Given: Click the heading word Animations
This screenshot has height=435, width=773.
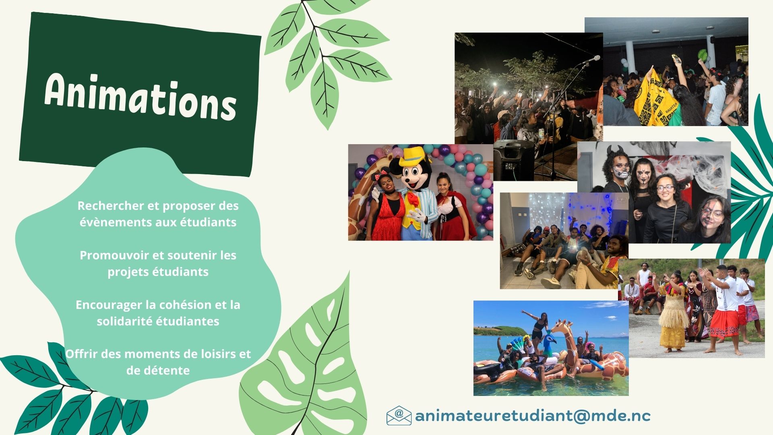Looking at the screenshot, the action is [140, 97].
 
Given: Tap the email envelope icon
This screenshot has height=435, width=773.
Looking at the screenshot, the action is [399, 416].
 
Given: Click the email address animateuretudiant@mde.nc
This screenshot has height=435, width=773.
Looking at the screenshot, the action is [533, 416].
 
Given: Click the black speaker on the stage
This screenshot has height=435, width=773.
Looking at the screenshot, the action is [514, 160].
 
